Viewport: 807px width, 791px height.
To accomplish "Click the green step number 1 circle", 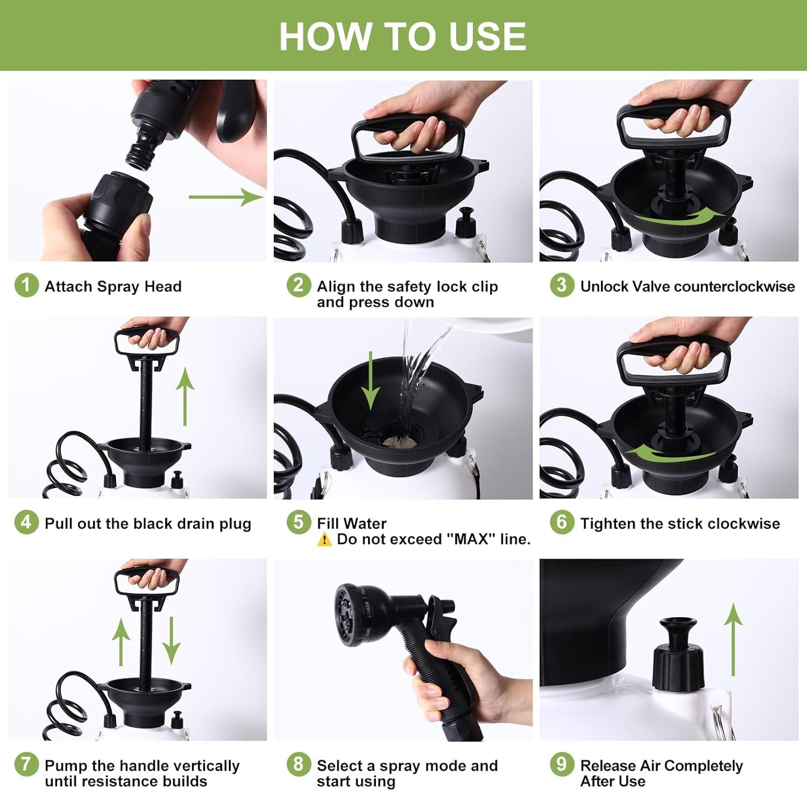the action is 26,285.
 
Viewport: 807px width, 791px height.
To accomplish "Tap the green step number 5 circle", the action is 299,522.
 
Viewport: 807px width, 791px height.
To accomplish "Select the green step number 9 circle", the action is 562,764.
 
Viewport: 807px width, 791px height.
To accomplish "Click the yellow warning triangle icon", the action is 324,539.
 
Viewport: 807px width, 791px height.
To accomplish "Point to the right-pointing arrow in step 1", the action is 226,197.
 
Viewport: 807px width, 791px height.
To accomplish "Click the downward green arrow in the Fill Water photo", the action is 370,379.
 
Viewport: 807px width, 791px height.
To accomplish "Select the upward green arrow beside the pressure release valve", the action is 733,639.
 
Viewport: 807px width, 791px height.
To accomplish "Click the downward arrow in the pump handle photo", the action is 172,640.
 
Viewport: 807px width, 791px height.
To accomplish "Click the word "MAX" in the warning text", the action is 471,539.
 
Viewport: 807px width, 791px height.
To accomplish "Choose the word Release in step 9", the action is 608,765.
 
